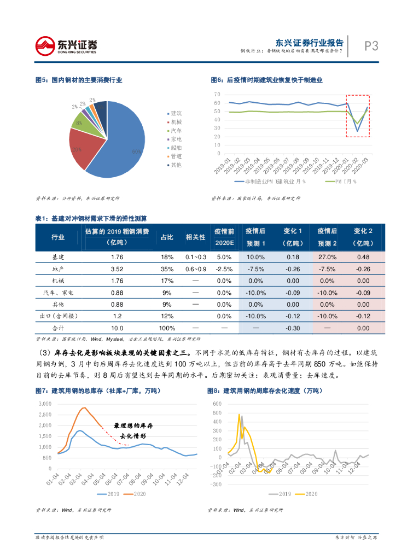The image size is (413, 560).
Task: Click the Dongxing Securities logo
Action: click(x=66, y=45)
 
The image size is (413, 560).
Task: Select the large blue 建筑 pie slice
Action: click(x=123, y=148)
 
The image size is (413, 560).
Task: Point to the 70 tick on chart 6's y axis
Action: click(x=217, y=95)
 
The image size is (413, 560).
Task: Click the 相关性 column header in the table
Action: click(x=195, y=237)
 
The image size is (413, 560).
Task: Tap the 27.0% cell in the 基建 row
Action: click(x=327, y=257)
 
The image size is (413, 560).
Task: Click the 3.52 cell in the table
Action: click(x=117, y=269)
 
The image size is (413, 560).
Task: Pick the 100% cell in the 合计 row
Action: click(x=166, y=328)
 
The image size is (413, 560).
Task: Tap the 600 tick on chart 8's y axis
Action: click(x=217, y=404)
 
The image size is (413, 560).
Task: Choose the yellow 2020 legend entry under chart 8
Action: click(x=305, y=494)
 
